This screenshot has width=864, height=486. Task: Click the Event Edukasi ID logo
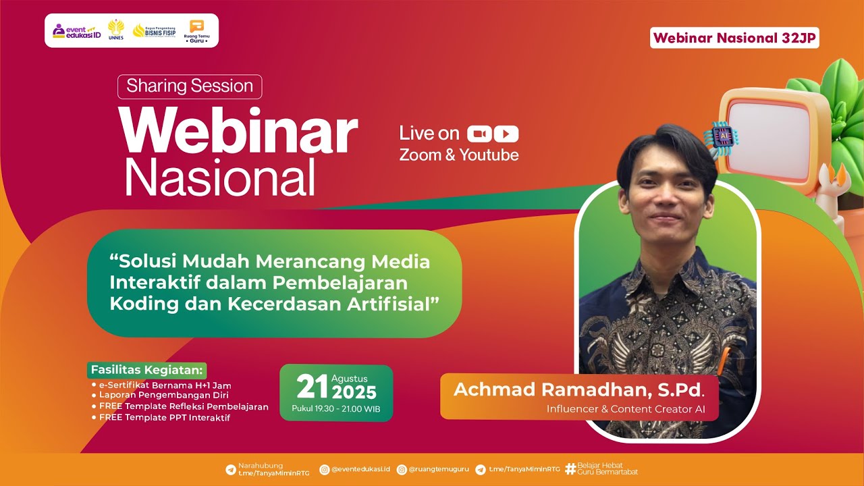click(x=77, y=31)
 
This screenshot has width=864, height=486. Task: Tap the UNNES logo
click(x=116, y=30)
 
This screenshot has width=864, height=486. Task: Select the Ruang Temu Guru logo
click(x=196, y=31)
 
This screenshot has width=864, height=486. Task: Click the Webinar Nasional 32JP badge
click(x=734, y=38)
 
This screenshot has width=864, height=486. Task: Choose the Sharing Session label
click(x=190, y=86)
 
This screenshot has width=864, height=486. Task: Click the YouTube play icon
click(x=506, y=134)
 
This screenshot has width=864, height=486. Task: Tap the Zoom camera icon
click(x=479, y=134)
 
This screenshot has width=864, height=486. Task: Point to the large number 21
click(x=313, y=387)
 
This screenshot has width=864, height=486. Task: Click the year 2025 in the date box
click(x=354, y=392)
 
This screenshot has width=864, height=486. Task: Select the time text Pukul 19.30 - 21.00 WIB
click(x=336, y=408)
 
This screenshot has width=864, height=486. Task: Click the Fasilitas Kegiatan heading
click(x=147, y=370)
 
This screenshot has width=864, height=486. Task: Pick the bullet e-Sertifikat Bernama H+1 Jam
click(x=165, y=385)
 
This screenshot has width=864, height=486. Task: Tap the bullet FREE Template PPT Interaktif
click(x=164, y=418)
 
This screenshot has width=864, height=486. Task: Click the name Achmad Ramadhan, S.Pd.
click(x=578, y=390)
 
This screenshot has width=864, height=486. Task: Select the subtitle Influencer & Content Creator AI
click(x=626, y=409)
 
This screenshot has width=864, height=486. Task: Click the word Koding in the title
click(x=140, y=304)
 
